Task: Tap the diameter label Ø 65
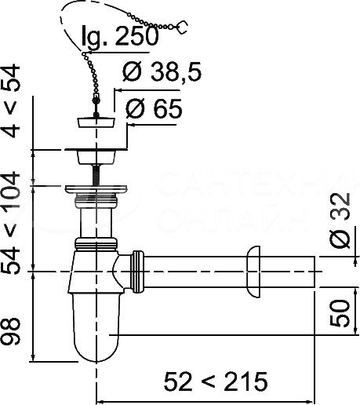click(153, 109)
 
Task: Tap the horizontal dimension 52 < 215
click(215, 381)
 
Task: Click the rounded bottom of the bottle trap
click(96, 345)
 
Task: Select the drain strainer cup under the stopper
click(96, 154)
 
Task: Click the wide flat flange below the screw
click(96, 188)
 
